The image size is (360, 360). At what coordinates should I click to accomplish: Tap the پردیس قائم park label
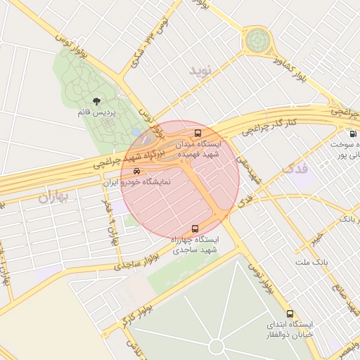pyautogui.click(x=97, y=112)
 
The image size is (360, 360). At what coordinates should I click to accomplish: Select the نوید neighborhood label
pyautogui.click(x=200, y=71)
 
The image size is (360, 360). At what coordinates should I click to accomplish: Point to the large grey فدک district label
pyautogui.click(x=295, y=169)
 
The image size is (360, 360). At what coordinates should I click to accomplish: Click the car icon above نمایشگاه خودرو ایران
pyautogui.click(x=136, y=171)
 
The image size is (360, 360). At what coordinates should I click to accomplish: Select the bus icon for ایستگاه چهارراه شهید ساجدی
pyautogui.click(x=195, y=228)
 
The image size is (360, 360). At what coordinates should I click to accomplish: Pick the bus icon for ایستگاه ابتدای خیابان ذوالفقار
pyautogui.click(x=290, y=314)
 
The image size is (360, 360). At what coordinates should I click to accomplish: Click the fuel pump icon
pyautogui.click(x=352, y=134)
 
